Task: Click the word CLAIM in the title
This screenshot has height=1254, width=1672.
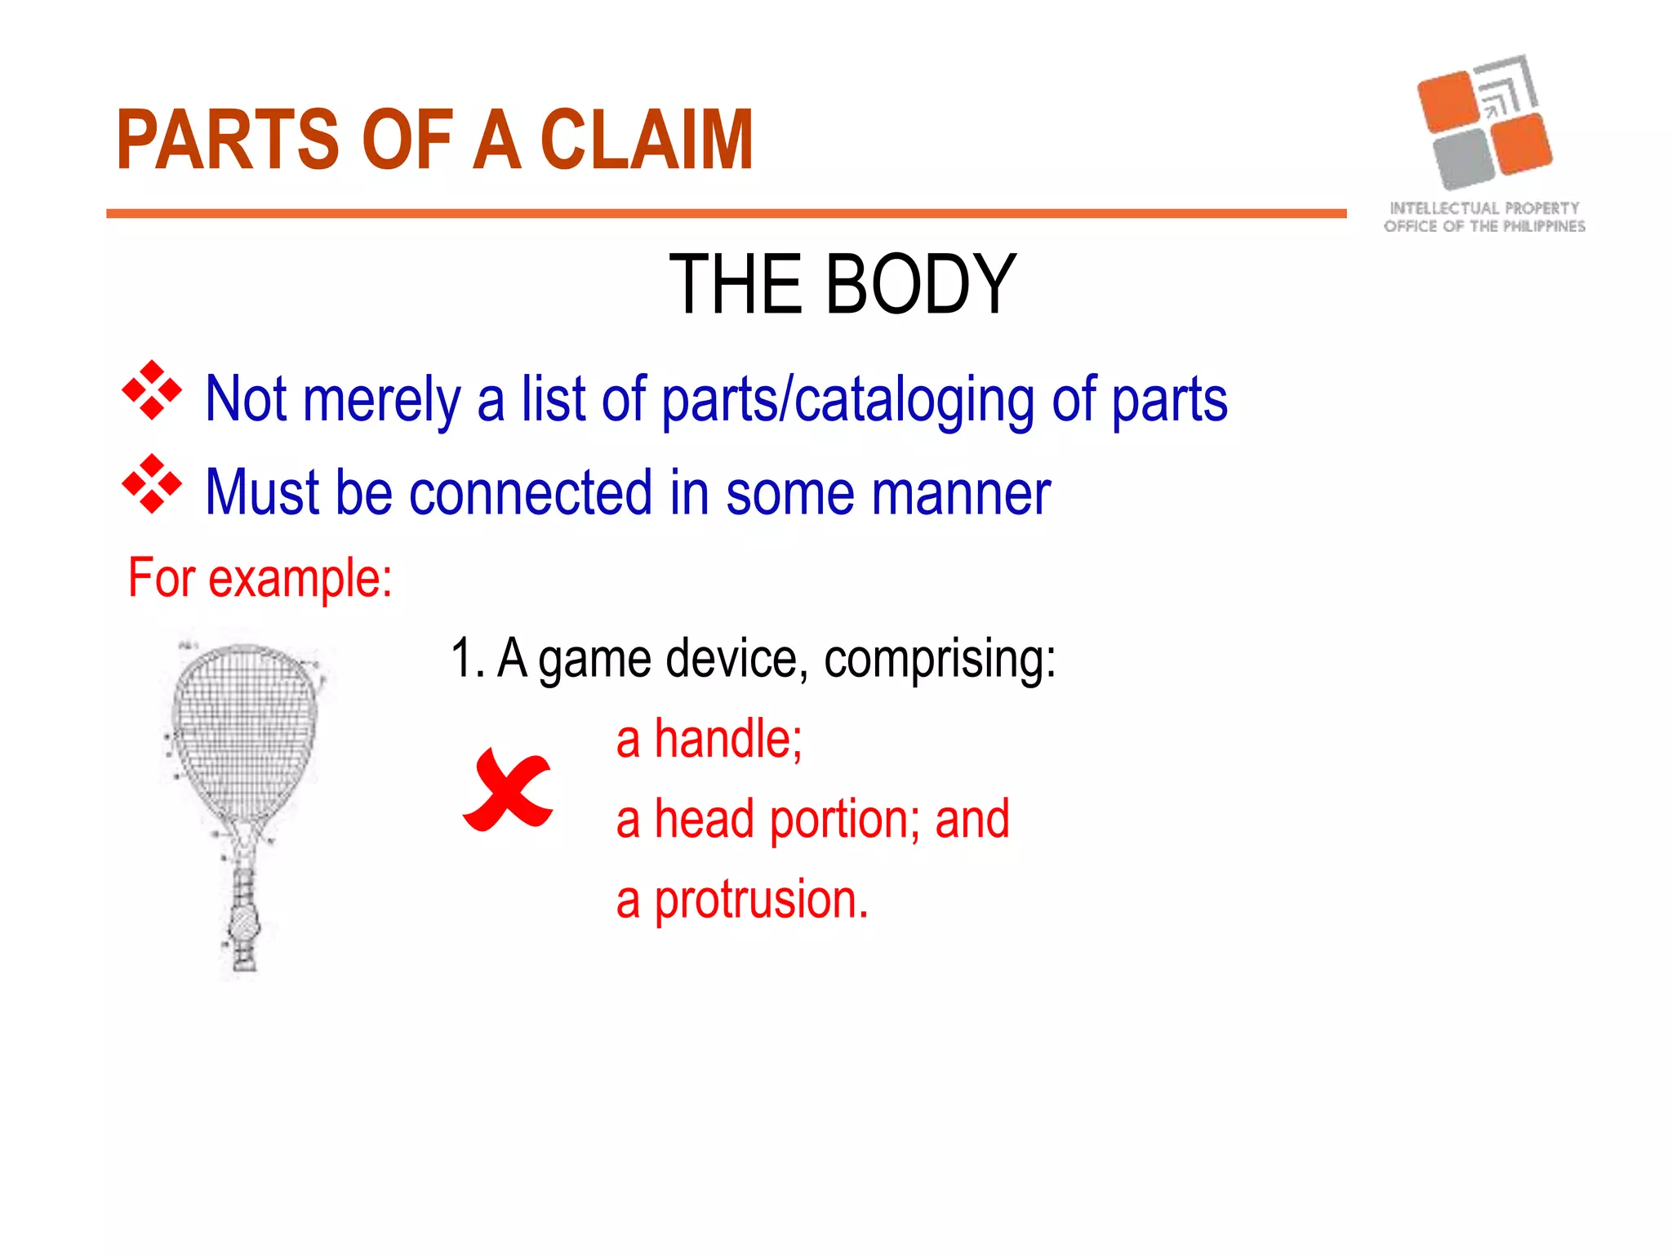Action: tap(647, 140)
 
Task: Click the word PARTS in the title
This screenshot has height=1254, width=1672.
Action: tap(227, 140)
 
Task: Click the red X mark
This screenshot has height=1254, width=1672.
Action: tap(508, 790)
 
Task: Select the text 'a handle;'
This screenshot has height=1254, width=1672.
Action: tap(709, 739)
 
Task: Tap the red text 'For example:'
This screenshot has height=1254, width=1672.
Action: tap(260, 578)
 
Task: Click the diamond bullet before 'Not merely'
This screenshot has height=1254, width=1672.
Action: tap(152, 390)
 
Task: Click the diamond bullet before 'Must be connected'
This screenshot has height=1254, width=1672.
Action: tap(152, 484)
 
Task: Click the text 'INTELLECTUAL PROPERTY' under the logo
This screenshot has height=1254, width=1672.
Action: tap(1484, 208)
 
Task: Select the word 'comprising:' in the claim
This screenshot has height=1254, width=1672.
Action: tap(939, 659)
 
